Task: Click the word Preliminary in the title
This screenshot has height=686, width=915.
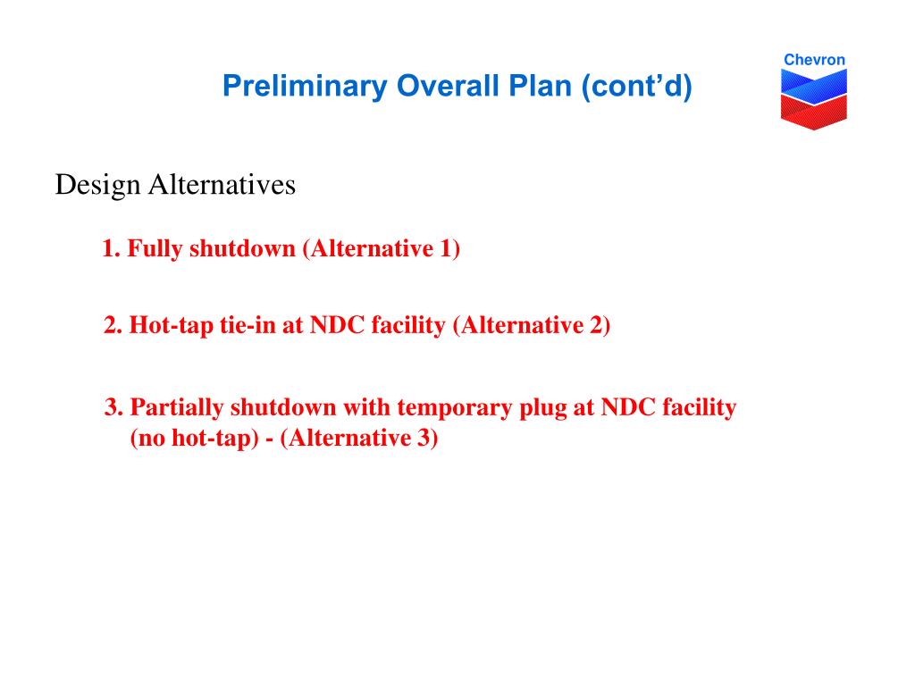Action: click(x=304, y=87)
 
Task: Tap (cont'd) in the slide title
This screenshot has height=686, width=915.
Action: click(x=636, y=87)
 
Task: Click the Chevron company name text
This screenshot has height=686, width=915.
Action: click(x=814, y=60)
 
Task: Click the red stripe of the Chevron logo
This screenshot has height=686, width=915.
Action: click(x=813, y=112)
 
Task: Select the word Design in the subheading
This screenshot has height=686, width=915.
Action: click(x=98, y=186)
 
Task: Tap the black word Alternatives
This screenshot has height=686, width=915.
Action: click(x=222, y=185)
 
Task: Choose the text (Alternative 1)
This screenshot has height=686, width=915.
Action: click(x=382, y=249)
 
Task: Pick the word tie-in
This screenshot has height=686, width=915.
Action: click(x=248, y=325)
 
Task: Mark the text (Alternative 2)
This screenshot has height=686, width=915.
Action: click(x=532, y=325)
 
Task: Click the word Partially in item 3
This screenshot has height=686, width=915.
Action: click(x=176, y=407)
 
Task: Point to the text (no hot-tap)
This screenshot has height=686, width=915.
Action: click(x=194, y=439)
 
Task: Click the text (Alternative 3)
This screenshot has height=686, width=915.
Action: click(x=359, y=438)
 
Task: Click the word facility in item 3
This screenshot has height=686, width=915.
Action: click(x=699, y=407)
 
